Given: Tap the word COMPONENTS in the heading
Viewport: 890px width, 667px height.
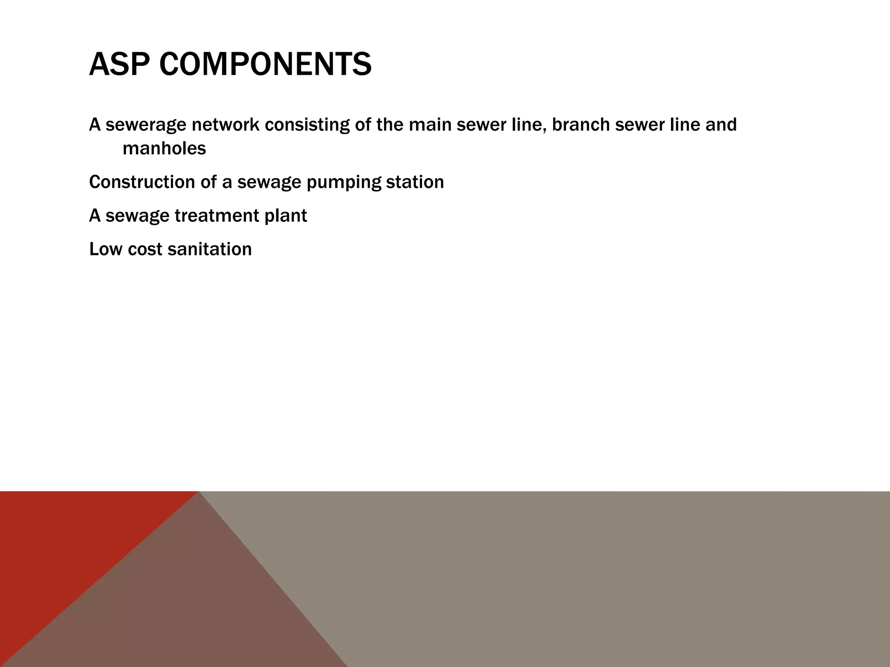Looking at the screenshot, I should (265, 64).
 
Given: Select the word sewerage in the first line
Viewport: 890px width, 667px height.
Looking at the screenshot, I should (145, 125).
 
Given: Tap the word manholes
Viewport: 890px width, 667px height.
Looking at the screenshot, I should (164, 149).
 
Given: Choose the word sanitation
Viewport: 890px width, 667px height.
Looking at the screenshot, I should (209, 249).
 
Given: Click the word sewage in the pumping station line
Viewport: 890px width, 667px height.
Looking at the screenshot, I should (269, 182).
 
